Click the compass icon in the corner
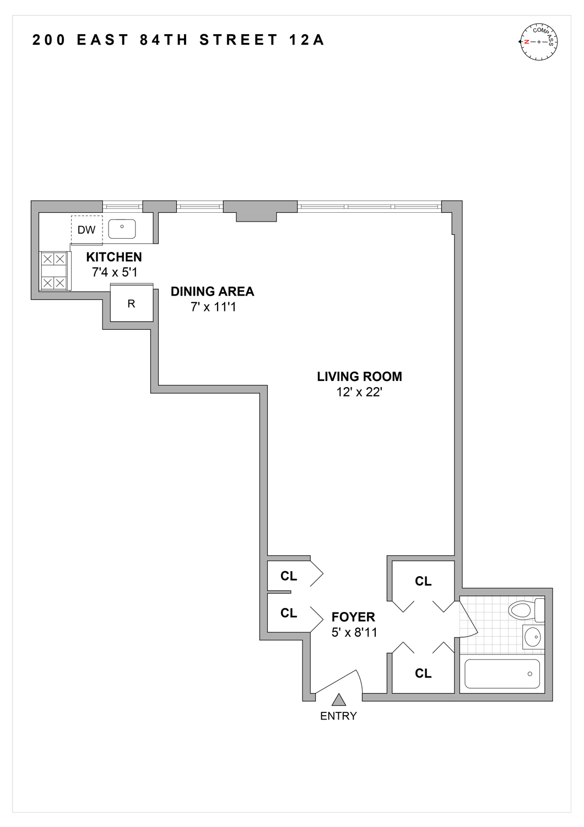click(538, 42)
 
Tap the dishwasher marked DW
click(86, 229)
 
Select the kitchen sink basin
click(122, 229)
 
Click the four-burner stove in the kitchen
click(55, 271)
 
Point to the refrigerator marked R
click(131, 303)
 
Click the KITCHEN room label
click(114, 257)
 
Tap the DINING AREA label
click(212, 292)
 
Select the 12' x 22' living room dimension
click(359, 392)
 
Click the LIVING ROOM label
click(359, 377)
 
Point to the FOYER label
click(353, 617)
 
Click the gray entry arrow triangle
click(339, 700)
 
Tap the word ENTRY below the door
click(338, 716)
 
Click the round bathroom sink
click(532, 637)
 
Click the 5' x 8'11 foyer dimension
click(354, 632)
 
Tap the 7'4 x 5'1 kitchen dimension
click(114, 272)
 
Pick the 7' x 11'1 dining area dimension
click(213, 307)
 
